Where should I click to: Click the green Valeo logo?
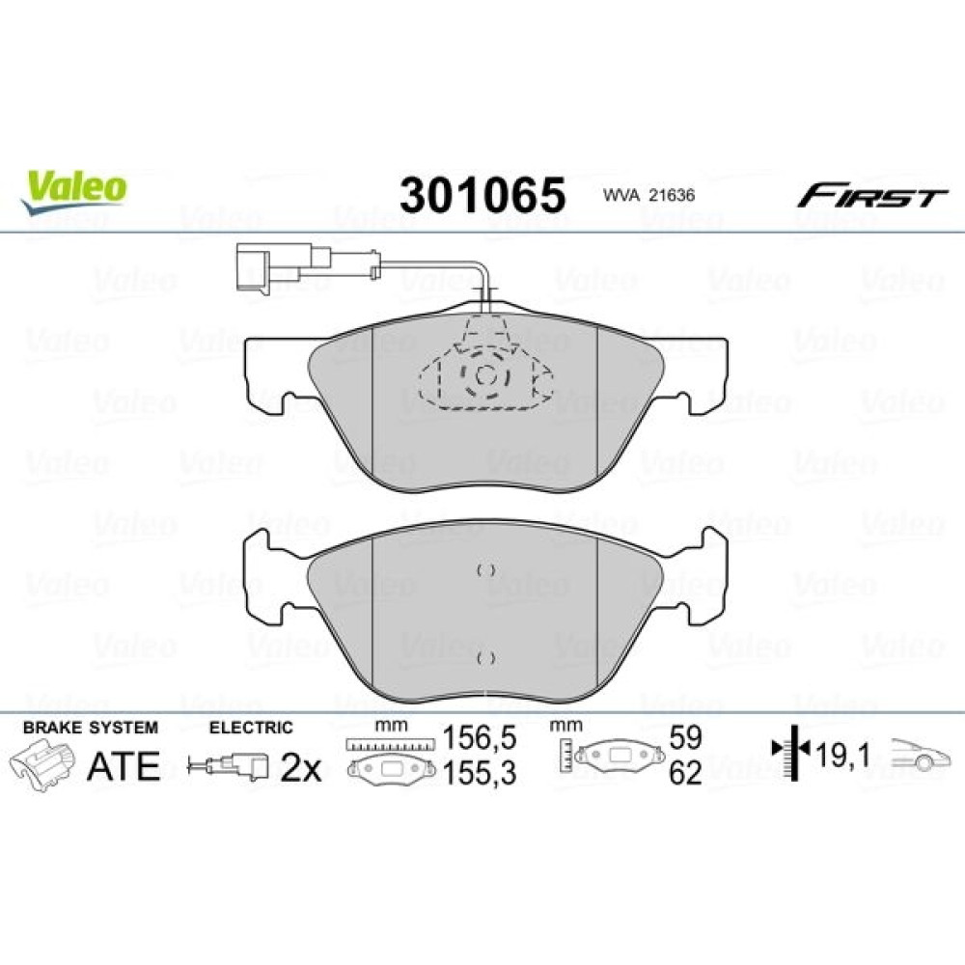click(74, 190)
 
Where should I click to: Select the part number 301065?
click(482, 195)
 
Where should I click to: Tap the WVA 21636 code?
click(648, 195)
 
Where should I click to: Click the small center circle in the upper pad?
click(485, 374)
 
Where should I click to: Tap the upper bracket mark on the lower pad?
click(486, 570)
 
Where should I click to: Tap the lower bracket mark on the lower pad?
click(486, 658)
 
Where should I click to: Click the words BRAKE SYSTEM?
click(91, 728)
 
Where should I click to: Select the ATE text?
click(124, 765)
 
